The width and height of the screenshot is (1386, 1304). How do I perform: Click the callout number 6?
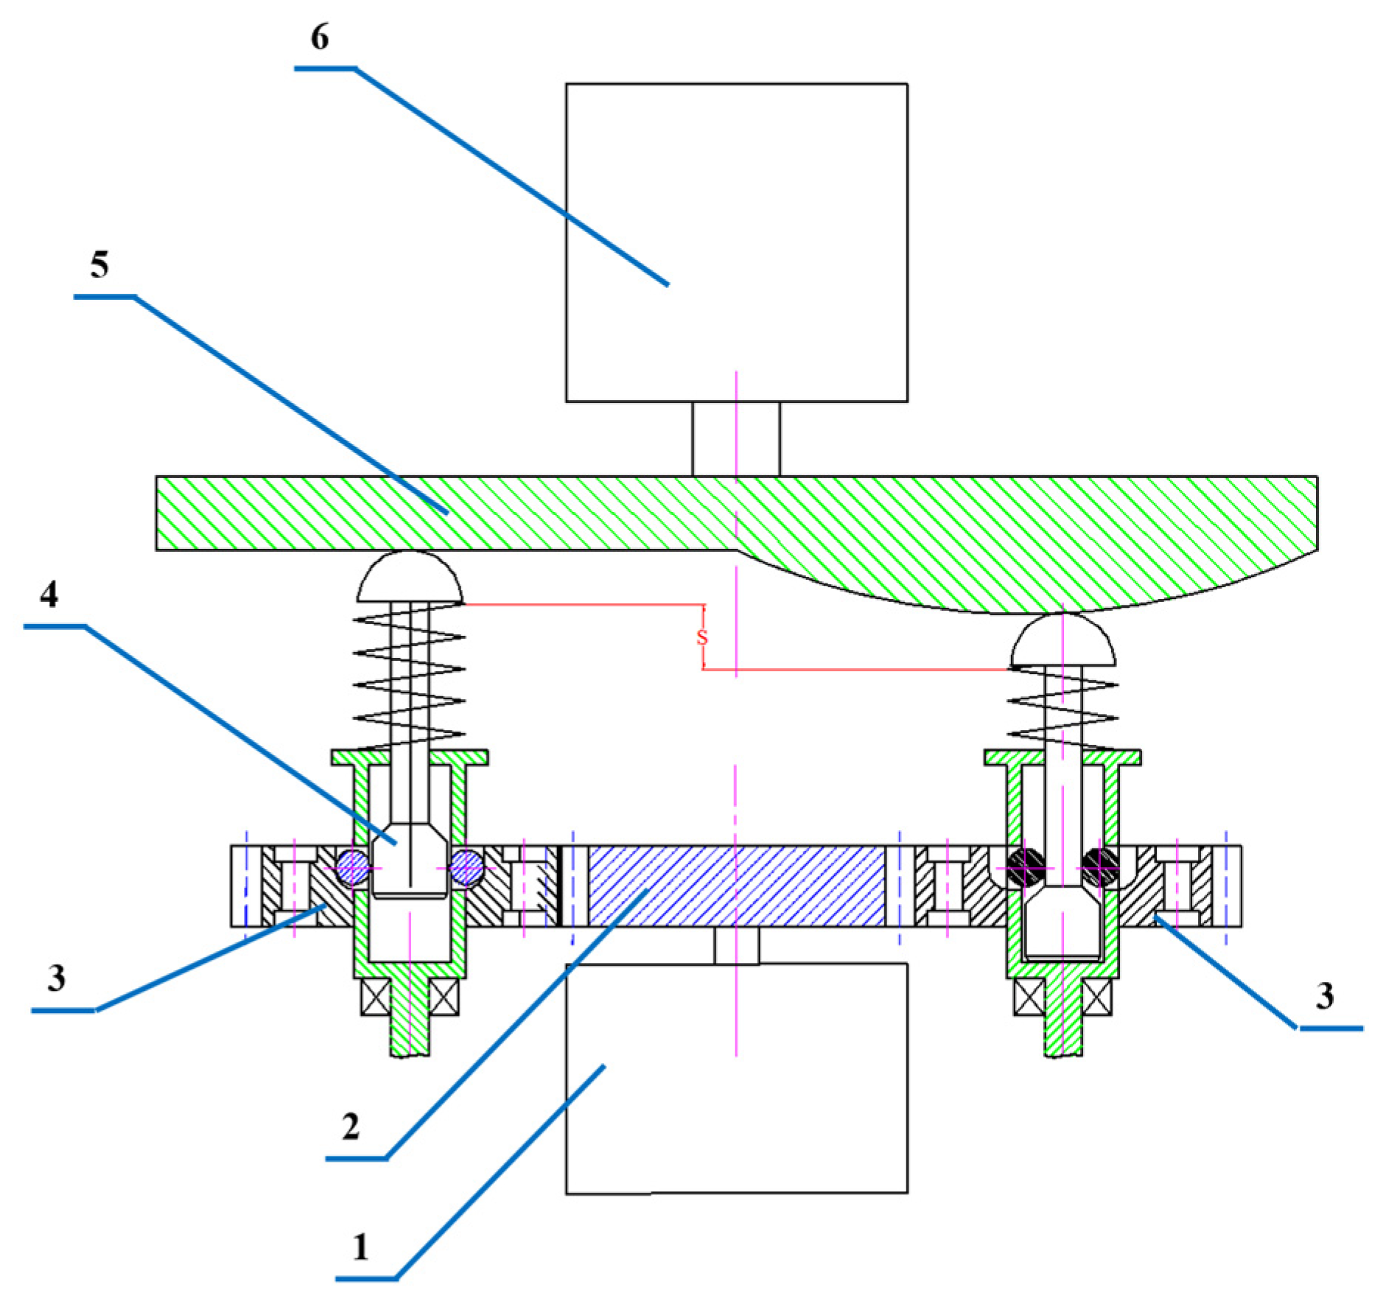[319, 37]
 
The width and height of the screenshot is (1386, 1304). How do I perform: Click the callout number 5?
[99, 264]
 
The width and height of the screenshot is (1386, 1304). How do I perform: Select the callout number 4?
[49, 594]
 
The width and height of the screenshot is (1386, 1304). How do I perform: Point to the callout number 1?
[360, 1247]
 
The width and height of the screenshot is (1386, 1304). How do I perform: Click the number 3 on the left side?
[57, 978]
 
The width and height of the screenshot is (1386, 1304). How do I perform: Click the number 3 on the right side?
[1324, 995]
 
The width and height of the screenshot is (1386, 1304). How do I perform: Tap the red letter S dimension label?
[701, 637]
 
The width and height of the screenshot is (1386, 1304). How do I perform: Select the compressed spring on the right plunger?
[1063, 707]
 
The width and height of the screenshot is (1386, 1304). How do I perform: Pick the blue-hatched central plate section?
[736, 886]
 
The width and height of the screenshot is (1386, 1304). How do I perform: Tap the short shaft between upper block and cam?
[735, 439]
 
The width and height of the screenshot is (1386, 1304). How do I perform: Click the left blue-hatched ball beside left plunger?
[353, 868]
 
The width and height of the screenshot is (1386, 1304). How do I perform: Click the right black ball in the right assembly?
[1100, 867]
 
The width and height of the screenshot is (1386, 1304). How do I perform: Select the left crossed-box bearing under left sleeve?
[376, 997]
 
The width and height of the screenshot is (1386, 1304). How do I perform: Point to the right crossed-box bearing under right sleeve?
[1096, 997]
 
